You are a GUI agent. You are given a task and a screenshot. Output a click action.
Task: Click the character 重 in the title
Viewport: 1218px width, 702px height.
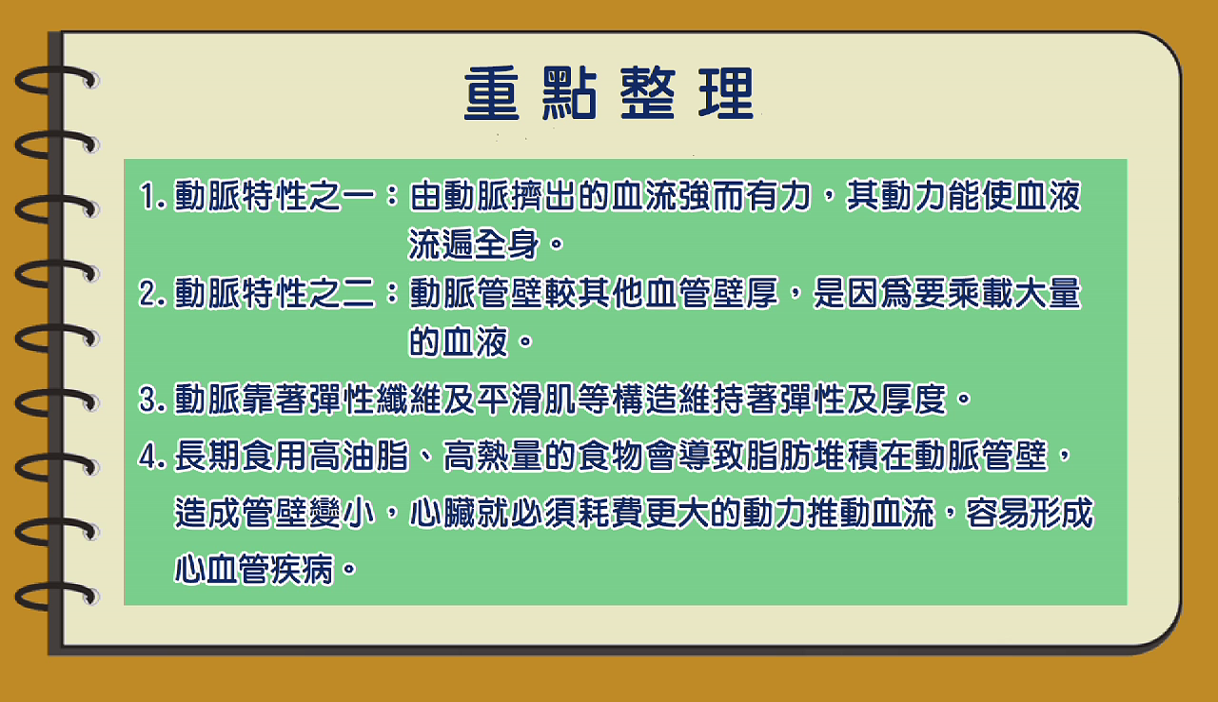coord(492,93)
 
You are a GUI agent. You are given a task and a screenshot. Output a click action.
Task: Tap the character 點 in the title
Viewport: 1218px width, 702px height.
coord(569,93)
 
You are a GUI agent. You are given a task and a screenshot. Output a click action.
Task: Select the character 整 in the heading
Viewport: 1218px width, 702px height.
coord(648,93)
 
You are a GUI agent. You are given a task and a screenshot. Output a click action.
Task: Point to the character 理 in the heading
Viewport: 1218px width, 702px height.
coord(726,93)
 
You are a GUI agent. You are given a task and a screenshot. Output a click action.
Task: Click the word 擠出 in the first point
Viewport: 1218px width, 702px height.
coord(543,196)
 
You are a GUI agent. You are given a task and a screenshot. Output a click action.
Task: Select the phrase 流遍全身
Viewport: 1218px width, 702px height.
coord(474,244)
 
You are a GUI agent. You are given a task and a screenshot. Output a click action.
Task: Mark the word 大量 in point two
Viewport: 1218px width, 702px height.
coord(1048,293)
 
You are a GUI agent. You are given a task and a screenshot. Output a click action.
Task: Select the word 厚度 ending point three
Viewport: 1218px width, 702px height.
coord(914,400)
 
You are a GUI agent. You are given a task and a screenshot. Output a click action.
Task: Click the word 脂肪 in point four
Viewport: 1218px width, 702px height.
coord(778,456)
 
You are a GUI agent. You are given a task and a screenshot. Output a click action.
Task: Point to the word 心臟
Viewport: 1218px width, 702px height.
coord(442,513)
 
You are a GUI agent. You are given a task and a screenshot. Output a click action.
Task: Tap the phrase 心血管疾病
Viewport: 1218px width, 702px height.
coord(253,569)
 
